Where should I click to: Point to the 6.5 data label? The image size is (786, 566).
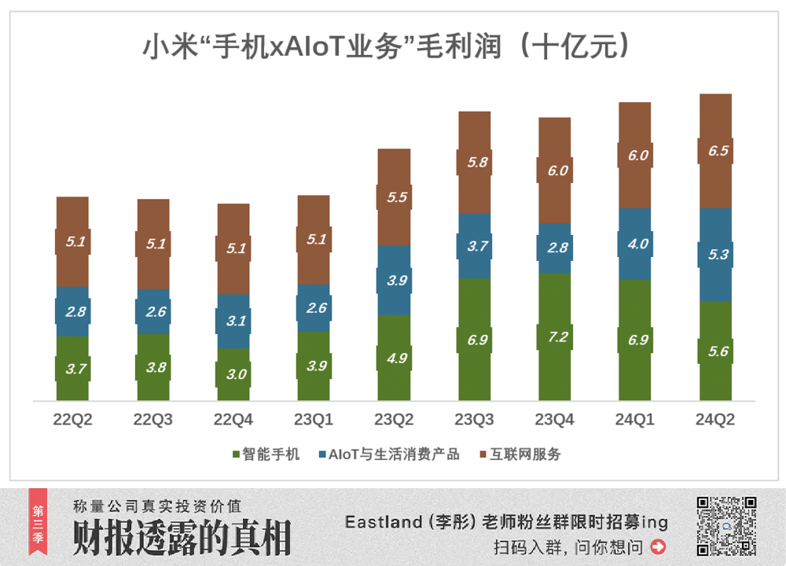(x=718, y=151)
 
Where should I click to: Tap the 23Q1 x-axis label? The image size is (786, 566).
(x=314, y=420)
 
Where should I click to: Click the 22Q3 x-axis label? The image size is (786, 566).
(x=152, y=420)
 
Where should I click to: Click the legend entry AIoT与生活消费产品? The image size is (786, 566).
(x=388, y=454)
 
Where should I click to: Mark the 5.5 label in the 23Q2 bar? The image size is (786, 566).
(x=397, y=197)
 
